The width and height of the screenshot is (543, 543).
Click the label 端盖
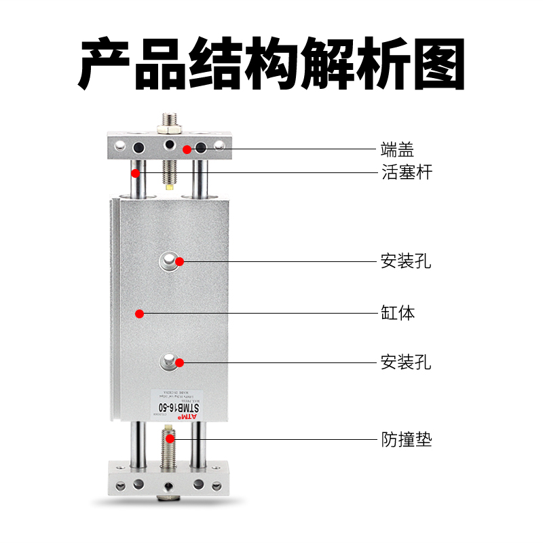(x=397, y=149)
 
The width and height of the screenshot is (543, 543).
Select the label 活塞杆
(x=406, y=172)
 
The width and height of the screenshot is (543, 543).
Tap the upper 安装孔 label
(x=406, y=261)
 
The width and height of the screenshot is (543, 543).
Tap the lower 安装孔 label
(x=406, y=362)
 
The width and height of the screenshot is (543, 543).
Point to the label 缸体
(x=397, y=314)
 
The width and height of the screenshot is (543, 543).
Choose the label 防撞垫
(x=406, y=440)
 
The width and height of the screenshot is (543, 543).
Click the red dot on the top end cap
(x=186, y=149)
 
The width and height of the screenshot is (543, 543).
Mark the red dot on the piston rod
(x=136, y=172)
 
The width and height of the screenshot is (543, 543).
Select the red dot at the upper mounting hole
(x=179, y=261)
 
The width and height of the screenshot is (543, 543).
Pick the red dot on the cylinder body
(x=139, y=314)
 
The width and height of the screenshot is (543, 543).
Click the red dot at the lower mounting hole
(x=179, y=362)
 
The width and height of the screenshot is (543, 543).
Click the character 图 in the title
(x=439, y=64)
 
